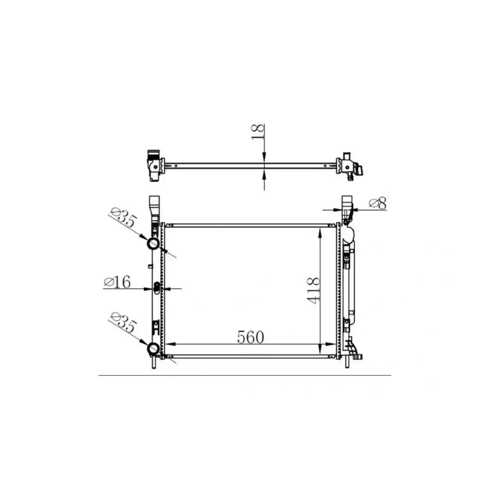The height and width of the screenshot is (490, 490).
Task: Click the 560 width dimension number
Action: point(251,337)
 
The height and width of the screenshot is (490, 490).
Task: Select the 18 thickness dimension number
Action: point(258,132)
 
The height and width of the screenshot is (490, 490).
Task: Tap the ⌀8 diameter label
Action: point(377,203)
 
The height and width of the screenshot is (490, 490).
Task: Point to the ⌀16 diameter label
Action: point(117,282)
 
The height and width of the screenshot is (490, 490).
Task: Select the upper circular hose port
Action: point(154,244)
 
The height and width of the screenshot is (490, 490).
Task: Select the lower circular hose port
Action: point(154,349)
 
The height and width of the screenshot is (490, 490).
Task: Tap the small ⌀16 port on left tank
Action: point(157,288)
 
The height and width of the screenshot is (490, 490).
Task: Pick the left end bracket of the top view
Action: point(154,165)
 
